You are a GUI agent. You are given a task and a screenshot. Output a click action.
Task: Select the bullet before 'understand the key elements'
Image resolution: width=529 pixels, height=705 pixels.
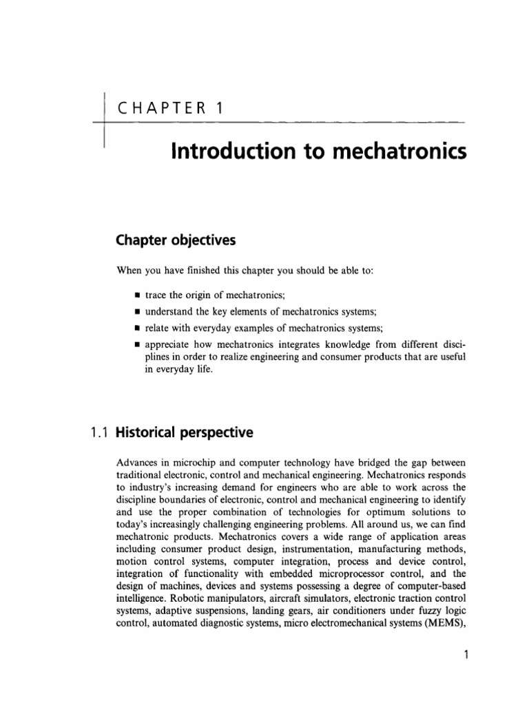click(138, 312)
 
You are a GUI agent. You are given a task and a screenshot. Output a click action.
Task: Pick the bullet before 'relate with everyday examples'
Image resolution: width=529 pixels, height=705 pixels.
click(138, 328)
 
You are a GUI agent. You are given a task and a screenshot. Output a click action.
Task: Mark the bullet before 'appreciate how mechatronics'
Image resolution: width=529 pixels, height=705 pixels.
click(138, 344)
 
